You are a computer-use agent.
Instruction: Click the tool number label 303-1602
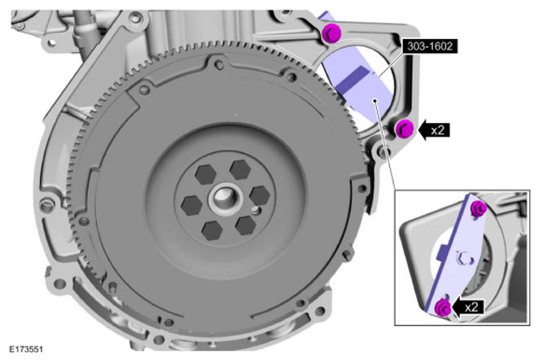coord(430,46)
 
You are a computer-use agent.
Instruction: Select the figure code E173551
coord(26,349)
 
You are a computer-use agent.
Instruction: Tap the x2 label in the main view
coord(438,130)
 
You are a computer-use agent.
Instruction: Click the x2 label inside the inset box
coord(471,307)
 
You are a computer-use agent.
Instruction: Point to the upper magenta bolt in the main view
coord(332,33)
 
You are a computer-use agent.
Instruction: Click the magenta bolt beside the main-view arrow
coord(404,129)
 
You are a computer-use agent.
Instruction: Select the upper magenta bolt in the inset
coord(479,209)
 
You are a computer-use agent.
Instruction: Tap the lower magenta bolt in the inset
coord(443,307)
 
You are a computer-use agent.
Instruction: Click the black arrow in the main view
coord(434,130)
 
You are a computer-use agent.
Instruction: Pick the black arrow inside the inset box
coord(468,307)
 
